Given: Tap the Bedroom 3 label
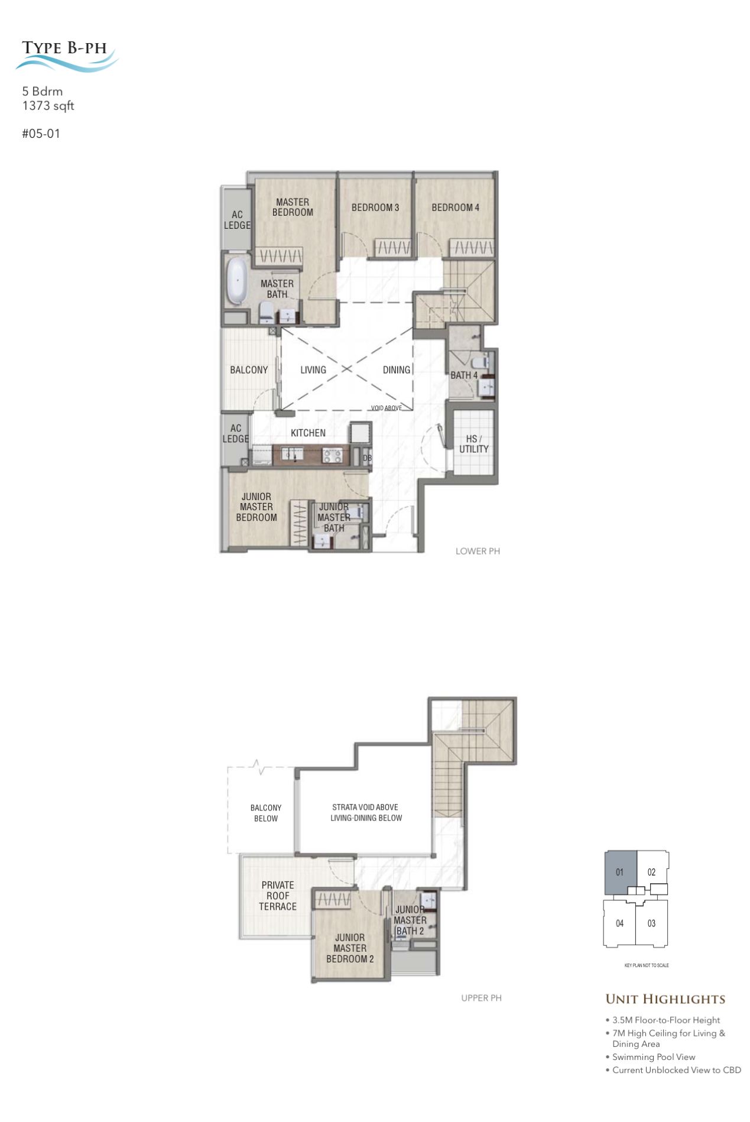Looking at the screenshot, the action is [375, 207].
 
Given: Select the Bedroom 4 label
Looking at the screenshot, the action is [455, 207].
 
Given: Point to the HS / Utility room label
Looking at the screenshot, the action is [474, 444].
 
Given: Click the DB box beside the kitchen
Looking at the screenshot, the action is [367, 458].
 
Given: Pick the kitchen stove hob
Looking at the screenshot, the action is [332, 456].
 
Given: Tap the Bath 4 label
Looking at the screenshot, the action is [464, 375].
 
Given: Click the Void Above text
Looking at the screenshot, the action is [387, 408].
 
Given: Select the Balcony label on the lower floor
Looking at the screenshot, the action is [249, 370].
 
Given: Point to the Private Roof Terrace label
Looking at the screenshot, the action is [278, 896].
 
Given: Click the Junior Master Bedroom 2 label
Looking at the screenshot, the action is [350, 948].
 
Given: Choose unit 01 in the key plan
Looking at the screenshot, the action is [621, 873].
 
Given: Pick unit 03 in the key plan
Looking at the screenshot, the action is [651, 923].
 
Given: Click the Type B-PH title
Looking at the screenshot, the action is [64, 48].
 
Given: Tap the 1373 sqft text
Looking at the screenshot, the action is [48, 106].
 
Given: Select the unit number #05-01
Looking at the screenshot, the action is [41, 134].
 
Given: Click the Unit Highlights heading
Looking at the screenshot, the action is [665, 999].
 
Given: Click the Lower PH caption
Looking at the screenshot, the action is [478, 551].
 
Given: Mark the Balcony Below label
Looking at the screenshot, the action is [266, 813].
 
